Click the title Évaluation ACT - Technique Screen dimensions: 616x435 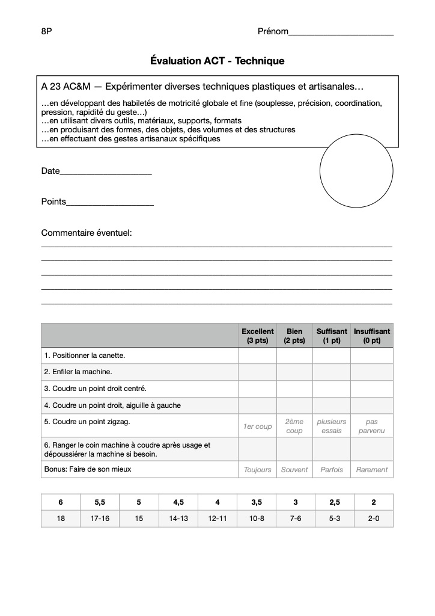217,61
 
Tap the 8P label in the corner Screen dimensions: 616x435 47,31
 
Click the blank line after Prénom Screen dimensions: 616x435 341,34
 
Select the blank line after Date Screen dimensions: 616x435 106,173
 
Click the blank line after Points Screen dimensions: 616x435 110,204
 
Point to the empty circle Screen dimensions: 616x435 356,171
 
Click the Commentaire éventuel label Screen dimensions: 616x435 86,233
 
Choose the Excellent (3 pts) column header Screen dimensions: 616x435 257,336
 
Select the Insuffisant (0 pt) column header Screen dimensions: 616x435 371,336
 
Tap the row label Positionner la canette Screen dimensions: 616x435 85,356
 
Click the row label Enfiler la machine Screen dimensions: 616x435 78,372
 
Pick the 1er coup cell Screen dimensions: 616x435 257,427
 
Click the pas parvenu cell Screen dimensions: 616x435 371,427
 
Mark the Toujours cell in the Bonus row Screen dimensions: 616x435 257,470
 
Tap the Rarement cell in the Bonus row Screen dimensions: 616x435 371,470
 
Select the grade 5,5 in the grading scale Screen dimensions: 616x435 100,502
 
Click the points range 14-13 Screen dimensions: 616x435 178,519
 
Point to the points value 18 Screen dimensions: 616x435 61,519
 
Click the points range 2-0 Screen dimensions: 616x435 374,519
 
